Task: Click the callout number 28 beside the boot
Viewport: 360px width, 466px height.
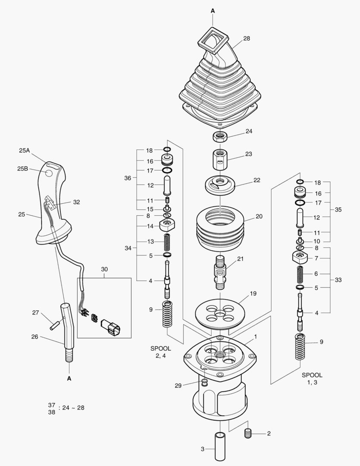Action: (x=247, y=38)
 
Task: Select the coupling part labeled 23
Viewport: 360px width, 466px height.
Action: (x=220, y=160)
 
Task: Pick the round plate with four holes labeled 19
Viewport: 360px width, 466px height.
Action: (x=220, y=311)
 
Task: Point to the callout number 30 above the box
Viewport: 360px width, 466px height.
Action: (x=104, y=269)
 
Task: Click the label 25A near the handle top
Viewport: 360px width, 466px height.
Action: (x=25, y=151)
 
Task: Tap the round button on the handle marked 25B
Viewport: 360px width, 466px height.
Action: (x=48, y=173)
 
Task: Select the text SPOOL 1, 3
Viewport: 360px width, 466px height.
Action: (x=312, y=379)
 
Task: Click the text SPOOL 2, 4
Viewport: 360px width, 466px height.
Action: (x=160, y=352)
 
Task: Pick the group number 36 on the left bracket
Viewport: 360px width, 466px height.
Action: (x=128, y=178)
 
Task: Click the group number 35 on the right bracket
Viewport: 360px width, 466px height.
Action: (x=338, y=210)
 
